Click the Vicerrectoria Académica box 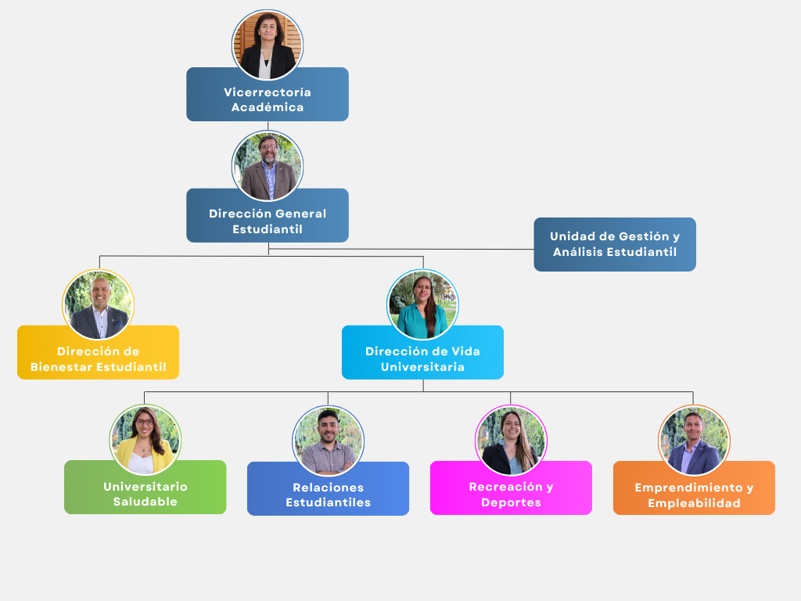[268, 95]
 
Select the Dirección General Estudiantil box [268, 216]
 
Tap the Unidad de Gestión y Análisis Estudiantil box [615, 245]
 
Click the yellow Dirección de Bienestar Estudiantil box [99, 353]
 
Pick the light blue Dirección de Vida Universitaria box [422, 353]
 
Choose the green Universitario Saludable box [145, 488]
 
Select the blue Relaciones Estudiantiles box [329, 489]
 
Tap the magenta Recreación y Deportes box [511, 488]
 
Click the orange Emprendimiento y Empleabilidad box [694, 488]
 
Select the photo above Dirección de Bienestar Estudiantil [99, 304]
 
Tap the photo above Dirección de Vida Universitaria [423, 304]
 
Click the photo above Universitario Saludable [145, 440]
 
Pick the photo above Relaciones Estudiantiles [329, 441]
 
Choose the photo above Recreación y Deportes [511, 440]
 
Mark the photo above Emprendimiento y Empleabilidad [694, 440]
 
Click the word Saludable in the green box [145, 502]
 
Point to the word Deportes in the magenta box [511, 502]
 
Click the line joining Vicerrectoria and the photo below [268, 125]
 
